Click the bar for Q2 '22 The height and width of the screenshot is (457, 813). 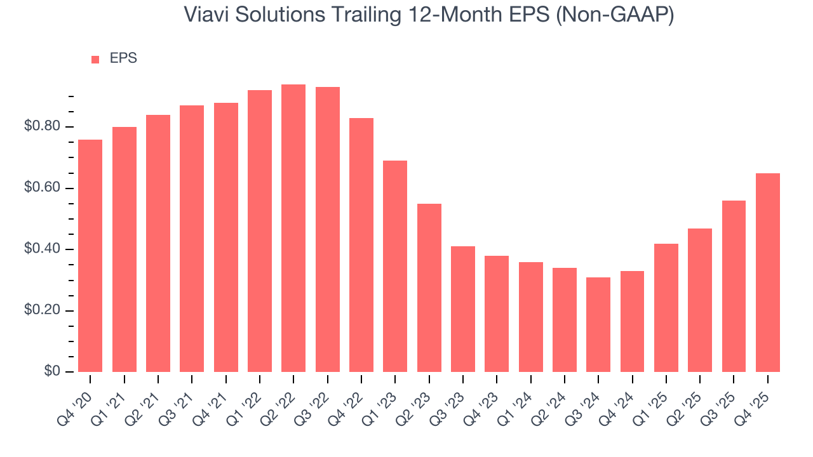293,228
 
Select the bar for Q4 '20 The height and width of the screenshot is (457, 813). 90,256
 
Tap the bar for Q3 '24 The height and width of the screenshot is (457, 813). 598,324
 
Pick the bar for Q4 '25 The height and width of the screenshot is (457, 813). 768,272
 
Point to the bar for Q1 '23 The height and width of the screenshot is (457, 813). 395,266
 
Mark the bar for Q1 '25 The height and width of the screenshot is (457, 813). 666,308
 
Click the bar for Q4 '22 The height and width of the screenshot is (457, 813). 361,245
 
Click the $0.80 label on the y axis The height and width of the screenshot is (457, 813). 43,127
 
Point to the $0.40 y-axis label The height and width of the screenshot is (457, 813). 43,249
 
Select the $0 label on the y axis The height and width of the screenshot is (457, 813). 52,372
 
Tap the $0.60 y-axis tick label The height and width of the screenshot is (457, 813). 43,189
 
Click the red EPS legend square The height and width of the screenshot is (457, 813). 95,59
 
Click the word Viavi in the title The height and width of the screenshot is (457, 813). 203,15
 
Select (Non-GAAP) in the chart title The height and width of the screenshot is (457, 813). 615,15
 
